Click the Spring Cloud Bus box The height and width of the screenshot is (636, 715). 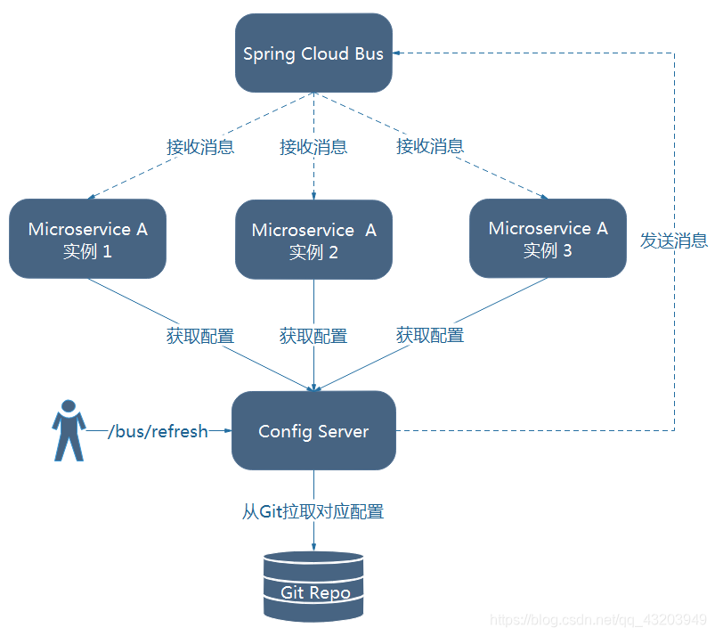[313, 53]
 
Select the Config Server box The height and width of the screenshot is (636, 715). [313, 431]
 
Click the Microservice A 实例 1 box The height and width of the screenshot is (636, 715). [87, 239]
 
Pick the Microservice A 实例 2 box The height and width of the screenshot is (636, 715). [313, 240]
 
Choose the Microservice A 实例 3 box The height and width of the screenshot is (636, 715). [548, 238]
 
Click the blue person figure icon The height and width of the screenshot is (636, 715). [68, 430]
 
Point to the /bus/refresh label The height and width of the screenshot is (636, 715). [158, 431]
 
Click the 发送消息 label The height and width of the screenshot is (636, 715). [674, 240]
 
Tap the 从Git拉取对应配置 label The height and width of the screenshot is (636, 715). [313, 512]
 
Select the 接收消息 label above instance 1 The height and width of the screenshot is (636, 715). [200, 147]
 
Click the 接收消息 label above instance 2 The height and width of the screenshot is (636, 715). [313, 147]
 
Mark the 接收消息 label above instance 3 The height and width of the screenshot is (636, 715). [430, 146]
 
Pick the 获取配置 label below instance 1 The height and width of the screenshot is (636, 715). [200, 336]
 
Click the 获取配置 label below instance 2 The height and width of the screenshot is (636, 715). [313, 336]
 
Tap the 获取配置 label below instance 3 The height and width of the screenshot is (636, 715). [430, 335]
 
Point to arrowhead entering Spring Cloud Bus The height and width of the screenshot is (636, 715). [398, 53]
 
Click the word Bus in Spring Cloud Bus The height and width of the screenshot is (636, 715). [369, 53]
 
